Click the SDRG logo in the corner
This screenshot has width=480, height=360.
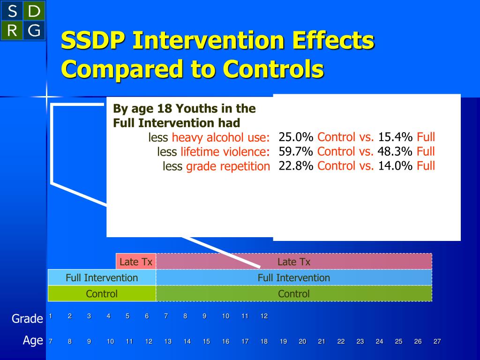[x=23, y=20]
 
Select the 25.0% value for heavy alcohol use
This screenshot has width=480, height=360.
[x=296, y=137]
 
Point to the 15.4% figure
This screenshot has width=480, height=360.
[x=395, y=137]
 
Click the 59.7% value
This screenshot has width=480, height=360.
[x=296, y=151]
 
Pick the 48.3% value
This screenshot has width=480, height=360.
[x=395, y=151]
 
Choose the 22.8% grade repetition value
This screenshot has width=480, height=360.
[x=296, y=165]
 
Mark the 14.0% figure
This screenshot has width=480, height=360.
[x=395, y=165]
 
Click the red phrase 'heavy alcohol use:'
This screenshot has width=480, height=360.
[x=221, y=138]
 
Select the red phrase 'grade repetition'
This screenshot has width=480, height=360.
[x=228, y=166]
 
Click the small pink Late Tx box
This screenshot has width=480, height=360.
[x=136, y=262]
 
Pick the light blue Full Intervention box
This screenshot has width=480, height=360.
[x=102, y=277]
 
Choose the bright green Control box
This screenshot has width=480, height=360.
[x=102, y=294]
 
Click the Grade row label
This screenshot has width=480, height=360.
[x=27, y=319]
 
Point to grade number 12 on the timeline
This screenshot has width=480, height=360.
[x=264, y=316]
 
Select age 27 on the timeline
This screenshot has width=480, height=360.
[x=437, y=342]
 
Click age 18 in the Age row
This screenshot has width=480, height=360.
[x=264, y=342]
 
